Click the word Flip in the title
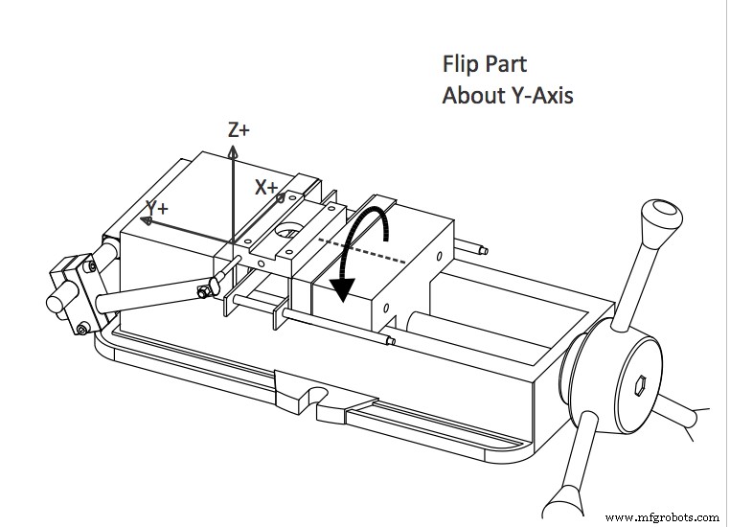[460, 65]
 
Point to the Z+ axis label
[240, 130]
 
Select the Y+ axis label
[157, 207]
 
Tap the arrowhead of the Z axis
[233, 151]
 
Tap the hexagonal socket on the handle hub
[641, 384]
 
